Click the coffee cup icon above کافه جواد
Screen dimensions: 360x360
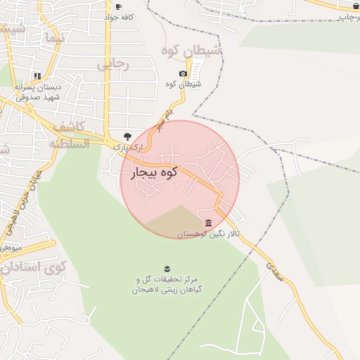[117, 6]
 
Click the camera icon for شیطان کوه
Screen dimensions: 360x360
[183, 73]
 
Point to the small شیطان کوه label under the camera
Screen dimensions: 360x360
[186, 84]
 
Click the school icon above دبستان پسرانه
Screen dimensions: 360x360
[37, 75]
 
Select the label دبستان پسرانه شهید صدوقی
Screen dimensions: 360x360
[38, 92]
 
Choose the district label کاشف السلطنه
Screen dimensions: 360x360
[68, 135]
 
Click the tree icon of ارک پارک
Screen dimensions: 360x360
[127, 136]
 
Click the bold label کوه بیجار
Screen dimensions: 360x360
[153, 171]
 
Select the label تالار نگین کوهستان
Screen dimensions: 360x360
[207, 233]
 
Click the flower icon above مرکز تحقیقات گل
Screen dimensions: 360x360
[167, 268]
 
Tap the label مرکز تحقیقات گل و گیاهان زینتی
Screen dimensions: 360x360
[166, 284]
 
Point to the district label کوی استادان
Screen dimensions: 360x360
[33, 267]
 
